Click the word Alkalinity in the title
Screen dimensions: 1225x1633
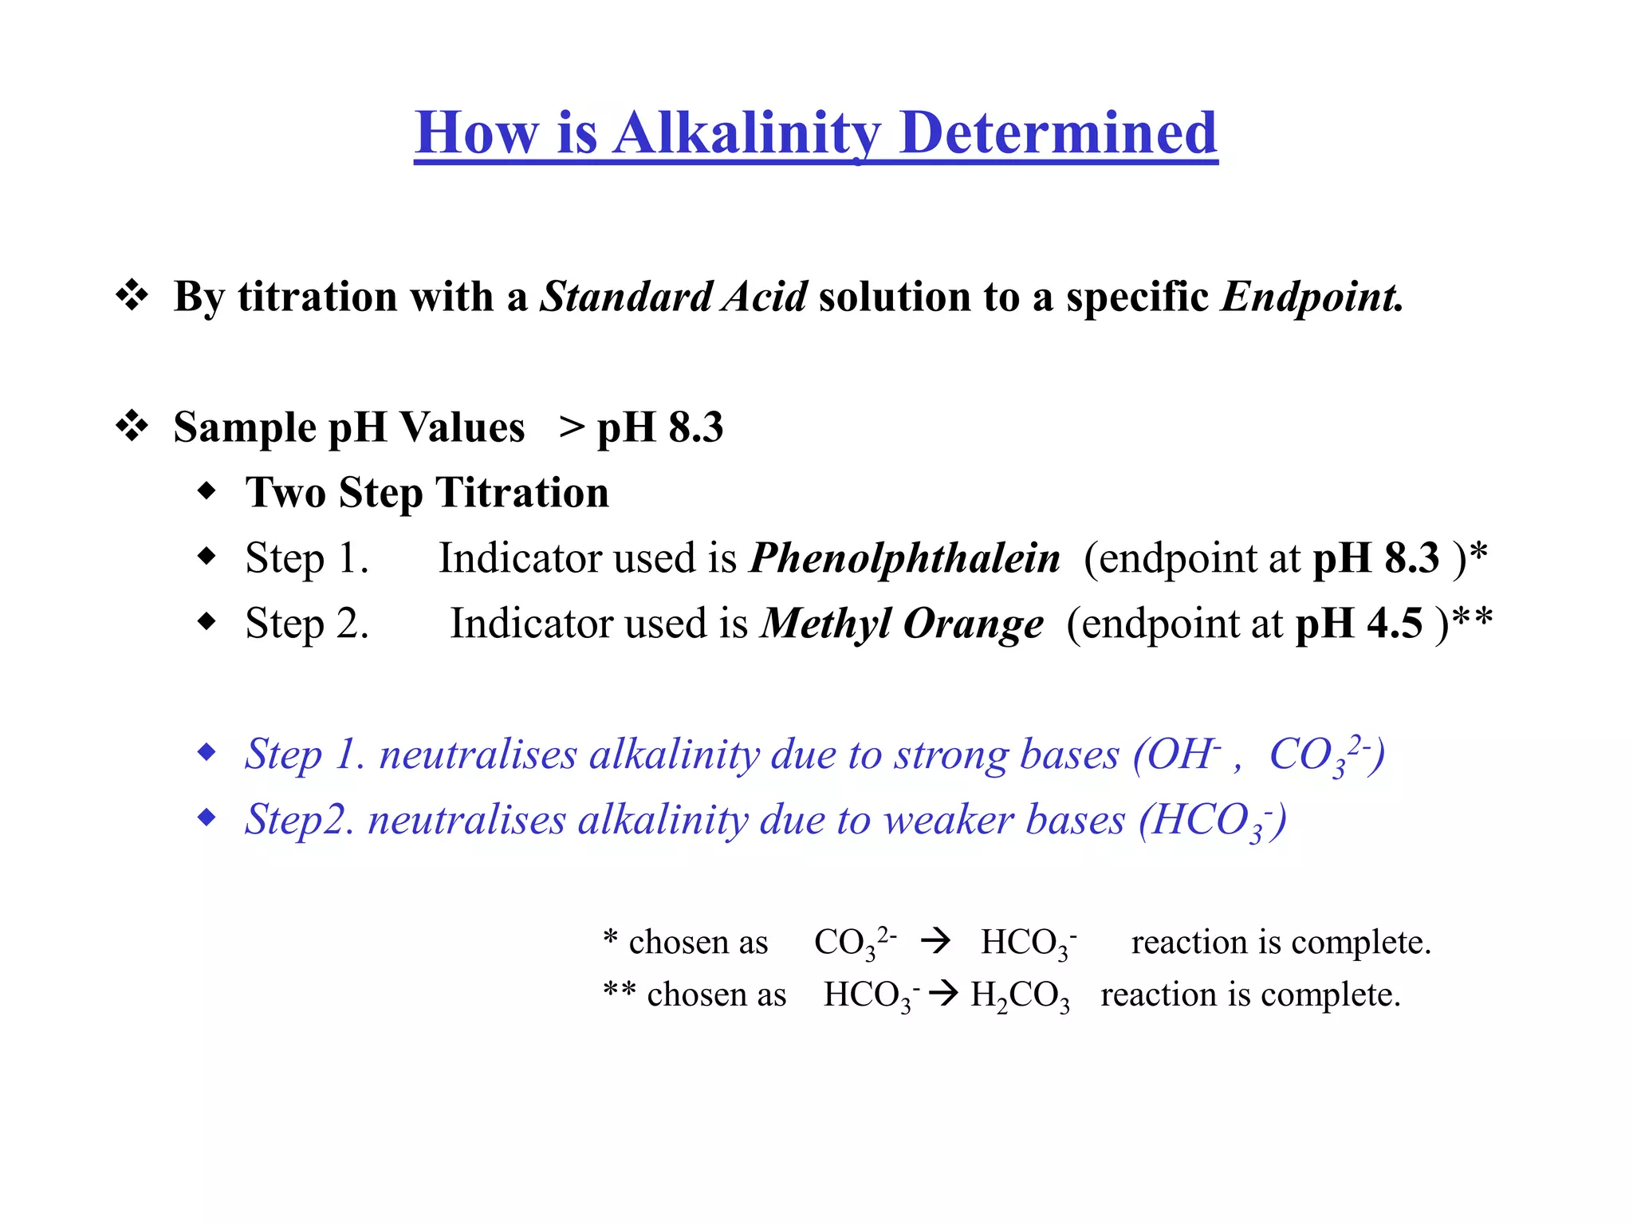pyautogui.click(x=748, y=133)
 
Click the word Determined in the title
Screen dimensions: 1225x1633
pyautogui.click(x=1058, y=133)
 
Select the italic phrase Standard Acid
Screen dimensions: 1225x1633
pyautogui.click(x=674, y=297)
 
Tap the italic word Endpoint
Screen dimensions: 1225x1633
pyautogui.click(x=1311, y=297)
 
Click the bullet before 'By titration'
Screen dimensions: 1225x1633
pyautogui.click(x=132, y=296)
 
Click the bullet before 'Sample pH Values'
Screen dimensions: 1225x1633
pyautogui.click(x=132, y=427)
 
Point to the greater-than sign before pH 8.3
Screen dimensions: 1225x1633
pyautogui.click(x=572, y=427)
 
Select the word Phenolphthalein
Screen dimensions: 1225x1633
pyautogui.click(x=905, y=557)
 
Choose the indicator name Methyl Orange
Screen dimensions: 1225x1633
pyautogui.click(x=902, y=623)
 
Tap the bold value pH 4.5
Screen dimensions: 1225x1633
pyautogui.click(x=1359, y=623)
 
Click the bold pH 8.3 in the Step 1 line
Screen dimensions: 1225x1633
pyautogui.click(x=1376, y=557)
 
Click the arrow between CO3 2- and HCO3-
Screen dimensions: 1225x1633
pyautogui.click(x=935, y=942)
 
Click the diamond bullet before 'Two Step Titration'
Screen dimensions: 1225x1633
pyautogui.click(x=207, y=491)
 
